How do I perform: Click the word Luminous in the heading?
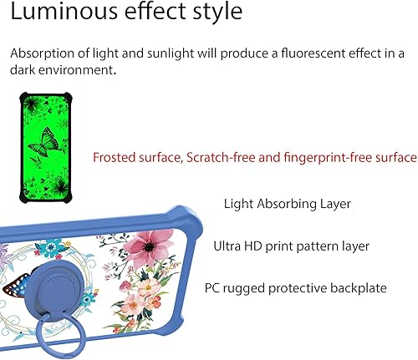(x=52, y=14)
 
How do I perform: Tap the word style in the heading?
(x=216, y=14)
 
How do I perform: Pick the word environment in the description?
(x=75, y=70)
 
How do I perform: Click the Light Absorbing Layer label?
(x=287, y=203)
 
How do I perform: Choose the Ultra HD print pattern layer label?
(x=291, y=246)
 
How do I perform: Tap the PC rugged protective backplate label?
(x=295, y=288)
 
